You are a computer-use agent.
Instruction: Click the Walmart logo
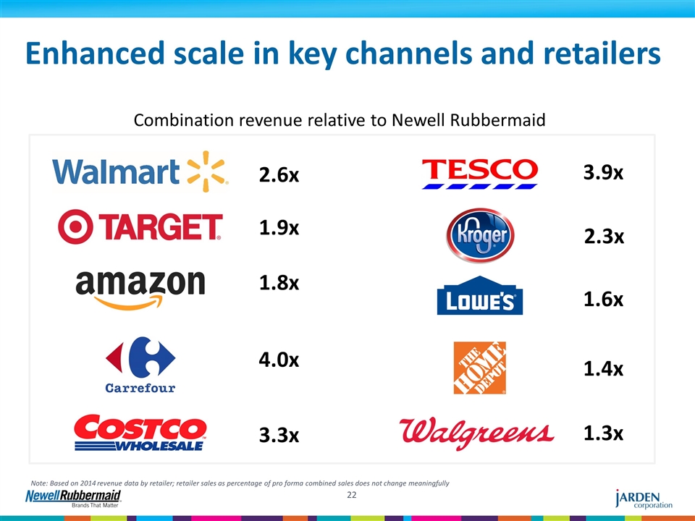point(140,172)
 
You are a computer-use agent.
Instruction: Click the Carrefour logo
point(140,364)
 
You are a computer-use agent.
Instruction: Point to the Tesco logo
point(479,174)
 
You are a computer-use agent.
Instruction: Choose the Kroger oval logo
point(479,236)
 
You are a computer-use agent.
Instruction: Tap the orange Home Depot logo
point(479,368)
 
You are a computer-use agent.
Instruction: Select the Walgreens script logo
point(477,433)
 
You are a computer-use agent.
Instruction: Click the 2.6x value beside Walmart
point(279,176)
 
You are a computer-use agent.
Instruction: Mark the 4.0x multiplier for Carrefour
point(279,360)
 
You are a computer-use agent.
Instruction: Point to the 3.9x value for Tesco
point(604,173)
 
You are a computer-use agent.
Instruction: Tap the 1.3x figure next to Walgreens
point(604,433)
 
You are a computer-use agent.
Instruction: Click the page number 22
point(352,495)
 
